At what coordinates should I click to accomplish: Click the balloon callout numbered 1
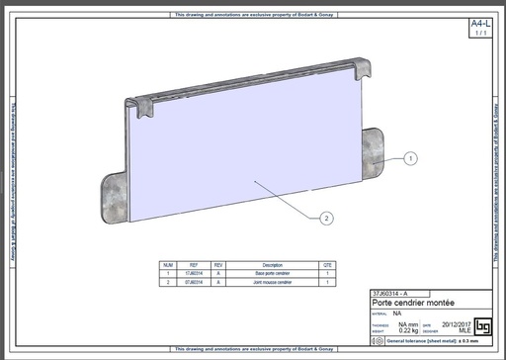(411, 157)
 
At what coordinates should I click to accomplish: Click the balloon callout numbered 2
(325, 217)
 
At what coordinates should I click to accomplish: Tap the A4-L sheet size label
(479, 23)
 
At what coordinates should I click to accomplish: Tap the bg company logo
(483, 325)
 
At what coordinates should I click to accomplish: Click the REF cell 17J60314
(195, 273)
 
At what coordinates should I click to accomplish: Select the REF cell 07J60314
(195, 282)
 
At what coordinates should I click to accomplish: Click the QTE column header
(326, 265)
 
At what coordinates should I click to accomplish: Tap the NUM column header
(168, 265)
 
